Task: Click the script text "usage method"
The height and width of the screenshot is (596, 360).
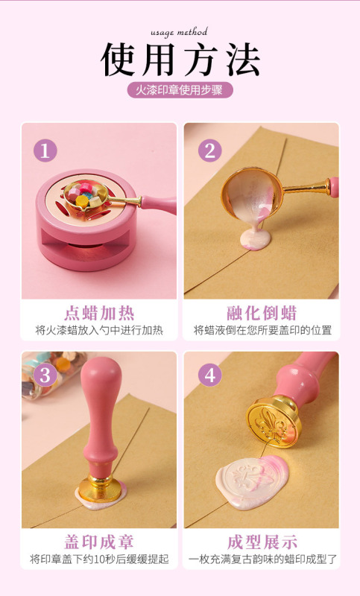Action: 179,32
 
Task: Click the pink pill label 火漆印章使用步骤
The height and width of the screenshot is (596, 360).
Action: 180,90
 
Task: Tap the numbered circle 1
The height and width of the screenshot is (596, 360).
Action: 45,150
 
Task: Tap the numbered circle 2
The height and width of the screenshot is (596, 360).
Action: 209,150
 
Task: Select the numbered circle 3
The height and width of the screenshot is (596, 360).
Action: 45,375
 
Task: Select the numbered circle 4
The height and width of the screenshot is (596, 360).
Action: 209,375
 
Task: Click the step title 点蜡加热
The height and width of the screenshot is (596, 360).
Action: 98,312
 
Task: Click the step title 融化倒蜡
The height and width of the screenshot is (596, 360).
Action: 262,312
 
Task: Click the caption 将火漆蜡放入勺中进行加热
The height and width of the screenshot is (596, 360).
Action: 98,330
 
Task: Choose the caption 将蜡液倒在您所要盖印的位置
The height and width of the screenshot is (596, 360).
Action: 262,330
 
